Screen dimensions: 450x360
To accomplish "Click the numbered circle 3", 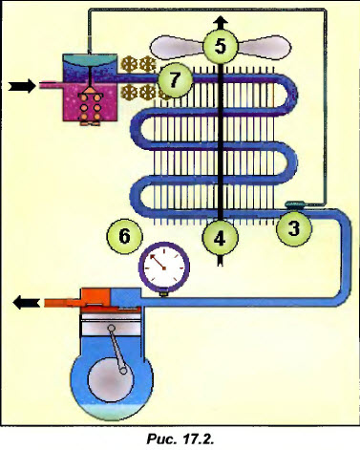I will point(295,228).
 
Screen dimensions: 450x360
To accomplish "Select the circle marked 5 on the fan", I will point(220,45).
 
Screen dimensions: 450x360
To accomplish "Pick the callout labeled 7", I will point(173,80).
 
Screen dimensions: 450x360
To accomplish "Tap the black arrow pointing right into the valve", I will point(20,86).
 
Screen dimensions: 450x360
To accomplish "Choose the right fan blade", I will point(259,46).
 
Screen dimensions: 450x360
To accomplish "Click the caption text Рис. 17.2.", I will point(178,438).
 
